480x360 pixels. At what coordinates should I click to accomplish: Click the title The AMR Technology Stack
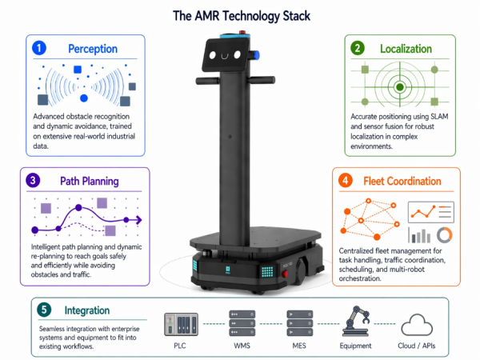239,14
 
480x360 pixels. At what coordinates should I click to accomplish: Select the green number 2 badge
358,48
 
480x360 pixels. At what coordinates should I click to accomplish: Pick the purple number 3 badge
33,180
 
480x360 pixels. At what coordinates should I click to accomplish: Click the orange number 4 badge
346,180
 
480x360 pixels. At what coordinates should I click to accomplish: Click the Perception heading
93,49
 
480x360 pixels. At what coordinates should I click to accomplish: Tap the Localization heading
405,48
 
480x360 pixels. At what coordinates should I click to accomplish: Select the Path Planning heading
90,181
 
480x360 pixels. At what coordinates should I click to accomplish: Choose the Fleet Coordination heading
402,181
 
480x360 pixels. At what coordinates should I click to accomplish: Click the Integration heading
89,310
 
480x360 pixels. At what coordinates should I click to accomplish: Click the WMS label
242,346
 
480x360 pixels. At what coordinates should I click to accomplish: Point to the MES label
299,346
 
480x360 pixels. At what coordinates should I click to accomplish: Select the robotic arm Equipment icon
355,322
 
